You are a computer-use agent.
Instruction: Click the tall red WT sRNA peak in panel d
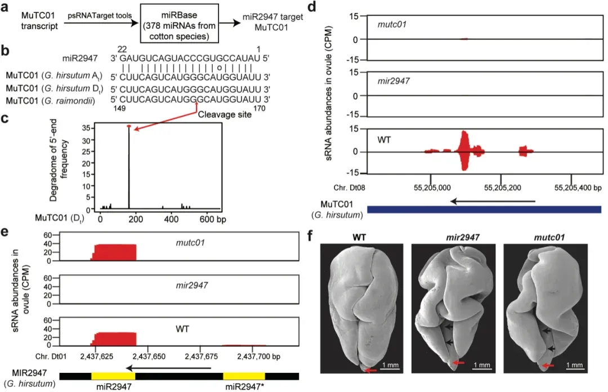464,150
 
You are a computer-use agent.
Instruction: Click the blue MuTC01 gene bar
484,210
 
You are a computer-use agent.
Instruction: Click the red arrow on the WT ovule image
369,370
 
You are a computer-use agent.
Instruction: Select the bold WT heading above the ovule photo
361,234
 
